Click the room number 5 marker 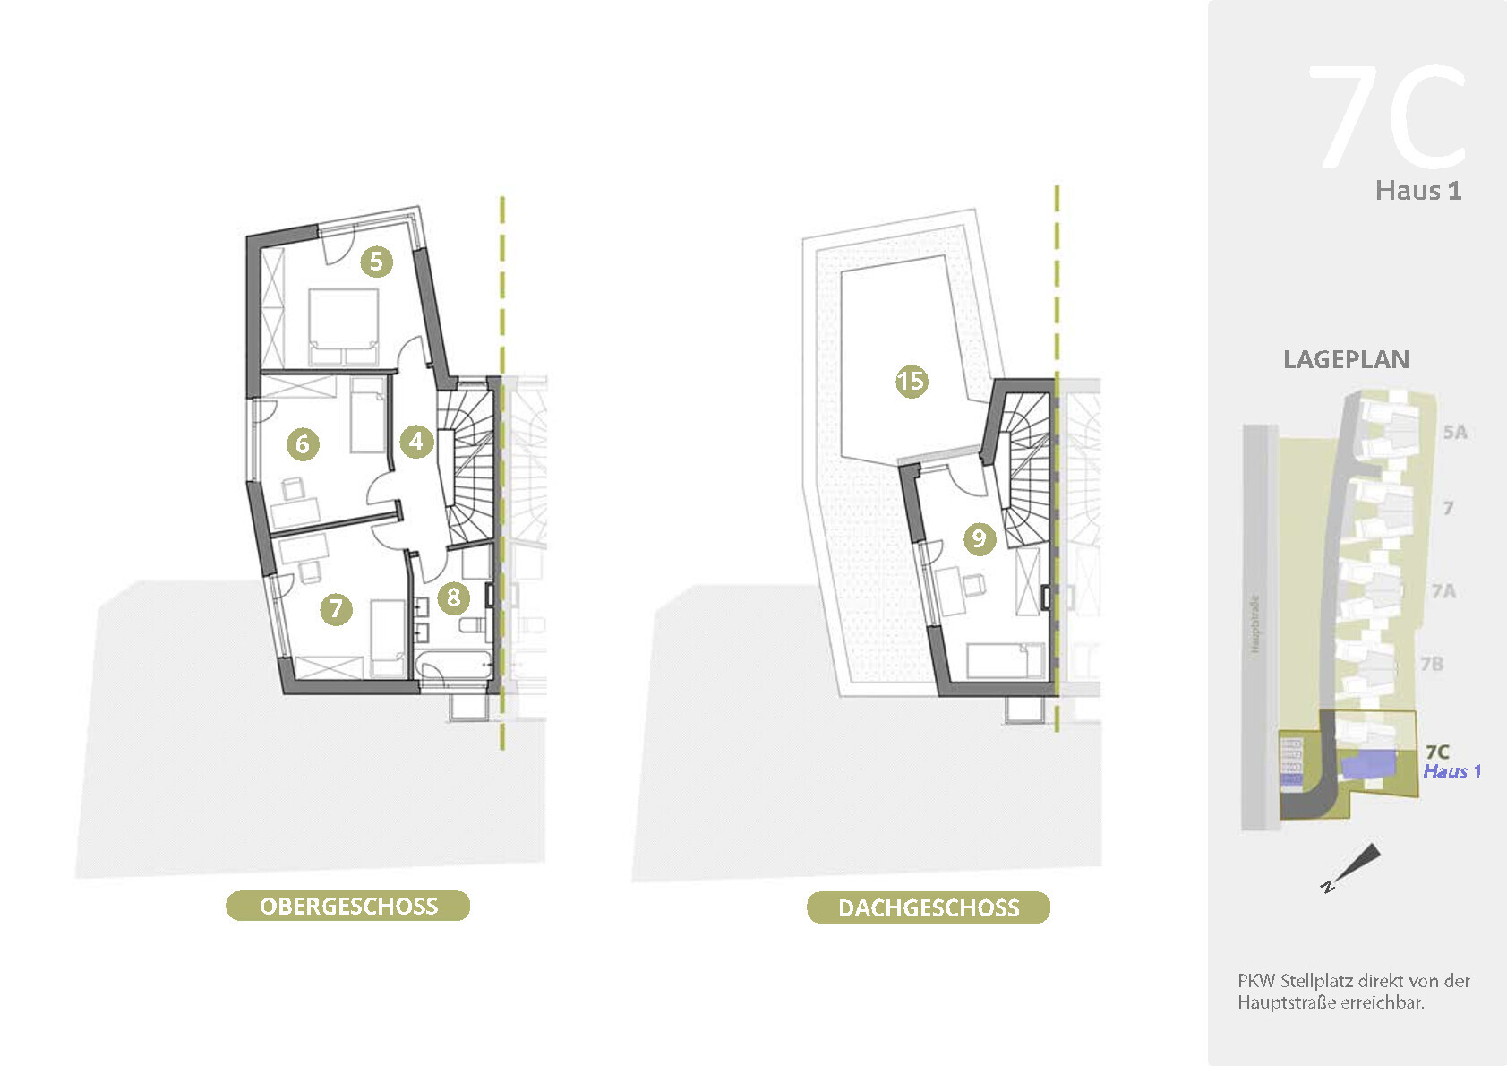(376, 262)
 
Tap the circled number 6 (303, 443)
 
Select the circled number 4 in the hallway (416, 441)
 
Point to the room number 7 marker (336, 609)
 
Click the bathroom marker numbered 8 (454, 597)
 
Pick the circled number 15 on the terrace (912, 381)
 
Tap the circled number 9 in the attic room (980, 538)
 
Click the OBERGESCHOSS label (348, 906)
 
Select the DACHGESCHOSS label (929, 907)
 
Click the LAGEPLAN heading (1346, 360)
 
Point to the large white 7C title (1388, 116)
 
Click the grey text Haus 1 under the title (1418, 191)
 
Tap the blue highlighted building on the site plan (1369, 764)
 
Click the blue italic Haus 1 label (1451, 772)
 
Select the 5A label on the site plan (1455, 433)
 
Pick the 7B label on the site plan (1432, 664)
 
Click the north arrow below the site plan (1357, 865)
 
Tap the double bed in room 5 (343, 325)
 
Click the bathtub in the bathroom (455, 666)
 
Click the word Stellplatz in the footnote (1315, 981)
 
